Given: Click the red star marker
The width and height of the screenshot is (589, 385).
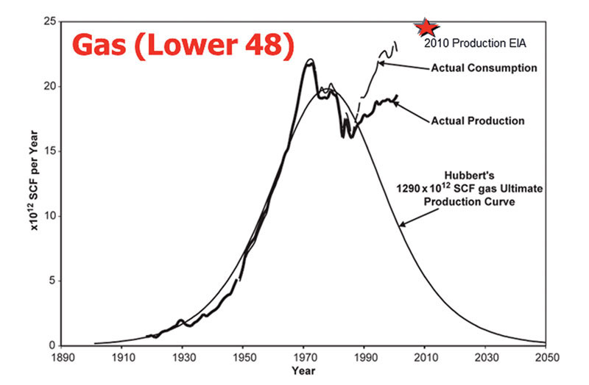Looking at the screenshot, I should [425, 28].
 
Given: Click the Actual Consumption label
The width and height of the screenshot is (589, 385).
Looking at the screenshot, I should [483, 68].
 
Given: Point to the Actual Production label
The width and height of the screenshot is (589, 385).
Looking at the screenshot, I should [479, 120].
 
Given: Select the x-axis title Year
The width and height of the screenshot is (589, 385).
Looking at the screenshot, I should [304, 372].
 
